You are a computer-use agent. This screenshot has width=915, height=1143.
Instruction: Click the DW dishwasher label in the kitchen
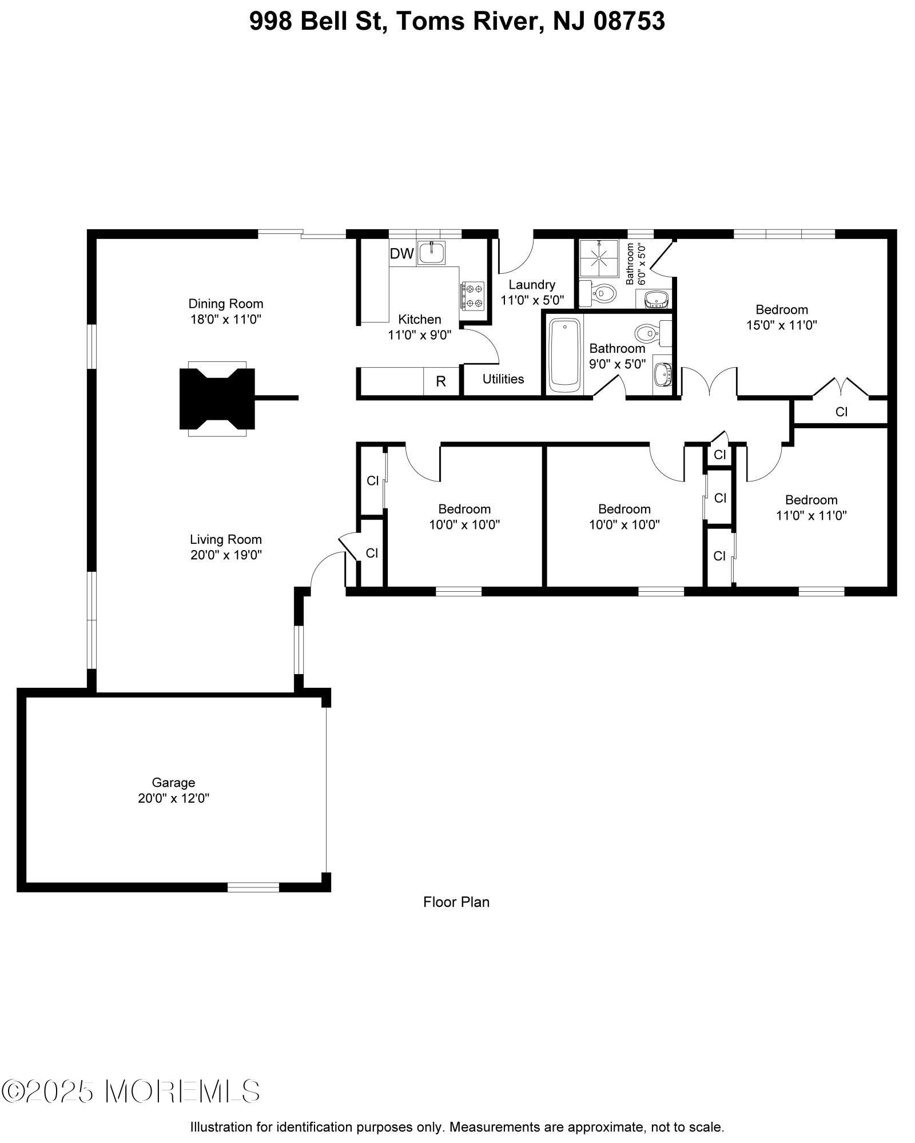coord(401,254)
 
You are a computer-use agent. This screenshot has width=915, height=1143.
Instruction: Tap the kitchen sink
coord(431,252)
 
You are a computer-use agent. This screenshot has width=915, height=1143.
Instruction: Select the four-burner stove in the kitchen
coord(472,296)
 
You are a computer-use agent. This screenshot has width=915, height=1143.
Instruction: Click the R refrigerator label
coord(441,381)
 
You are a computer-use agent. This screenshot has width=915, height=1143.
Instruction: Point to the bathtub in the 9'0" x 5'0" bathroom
coord(565,355)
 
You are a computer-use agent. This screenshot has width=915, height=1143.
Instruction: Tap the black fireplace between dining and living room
coord(217,399)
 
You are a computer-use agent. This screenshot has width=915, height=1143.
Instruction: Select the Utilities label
coord(503,379)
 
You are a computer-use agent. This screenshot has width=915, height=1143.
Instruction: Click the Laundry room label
coord(532,285)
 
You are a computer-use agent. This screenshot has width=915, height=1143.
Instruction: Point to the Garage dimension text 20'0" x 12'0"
coord(174,798)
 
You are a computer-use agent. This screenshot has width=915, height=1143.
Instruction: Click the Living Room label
coord(226,539)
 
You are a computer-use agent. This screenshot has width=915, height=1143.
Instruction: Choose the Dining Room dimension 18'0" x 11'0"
coord(226,319)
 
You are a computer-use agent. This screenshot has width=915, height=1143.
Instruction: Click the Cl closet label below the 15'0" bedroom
coord(842,412)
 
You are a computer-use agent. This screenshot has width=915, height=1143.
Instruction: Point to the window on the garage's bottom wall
coord(253,887)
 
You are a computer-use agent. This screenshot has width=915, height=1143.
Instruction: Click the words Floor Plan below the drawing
coord(456,902)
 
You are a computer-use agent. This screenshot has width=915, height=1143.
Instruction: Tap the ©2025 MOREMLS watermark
coord(131,1092)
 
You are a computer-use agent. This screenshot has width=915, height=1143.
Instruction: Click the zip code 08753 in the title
coord(629,22)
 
